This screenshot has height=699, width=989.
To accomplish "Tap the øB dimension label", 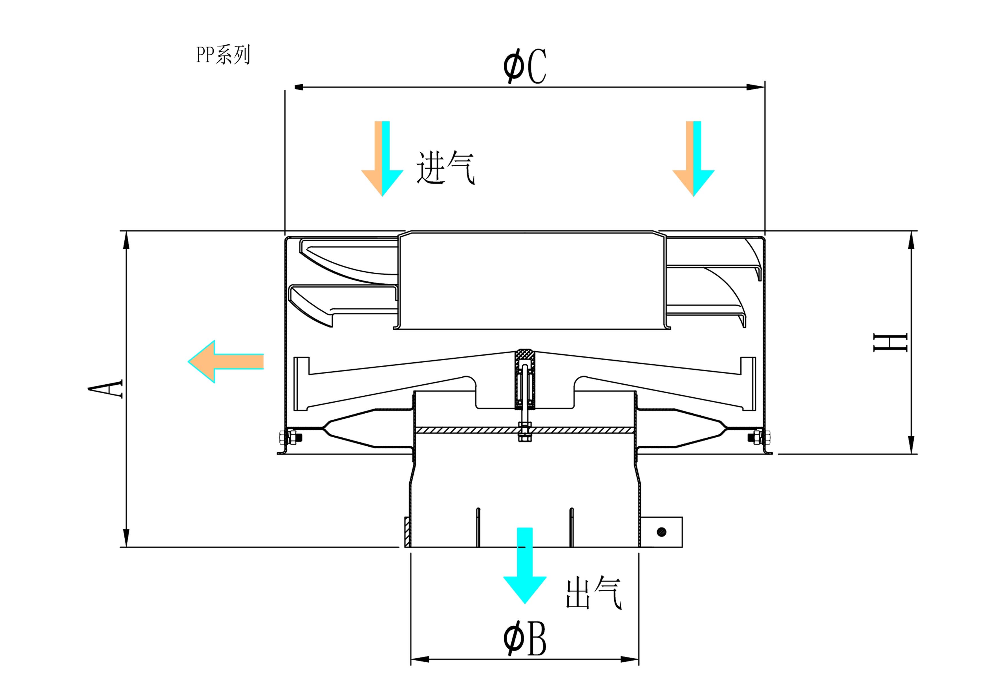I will click(x=525, y=639).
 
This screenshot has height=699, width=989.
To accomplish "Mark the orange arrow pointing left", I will click(x=225, y=361).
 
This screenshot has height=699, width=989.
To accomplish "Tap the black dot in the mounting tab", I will click(x=662, y=532).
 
